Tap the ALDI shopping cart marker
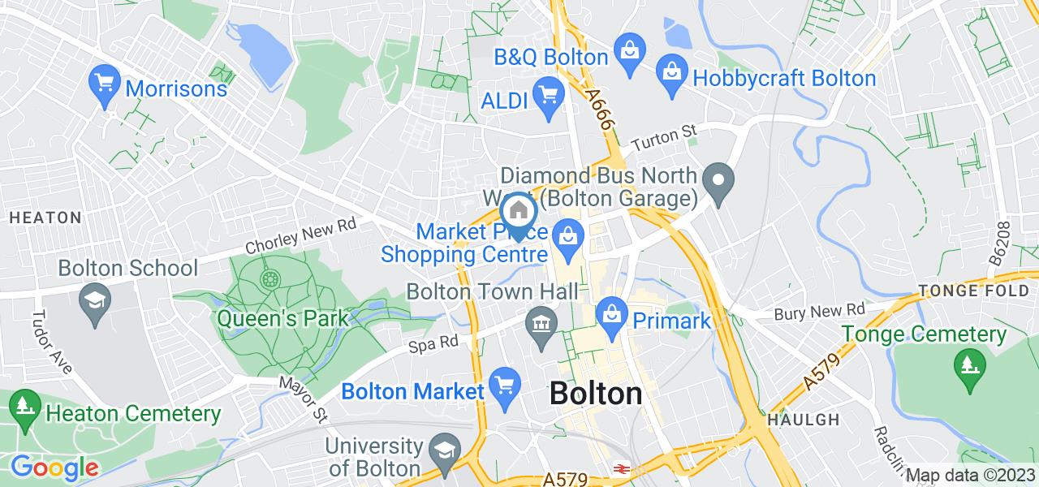(549, 93)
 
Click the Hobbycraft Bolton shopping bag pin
(673, 71)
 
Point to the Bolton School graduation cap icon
(95, 300)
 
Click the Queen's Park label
(282, 317)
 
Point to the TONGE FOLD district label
(972, 291)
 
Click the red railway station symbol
(623, 469)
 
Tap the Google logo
(54, 468)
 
